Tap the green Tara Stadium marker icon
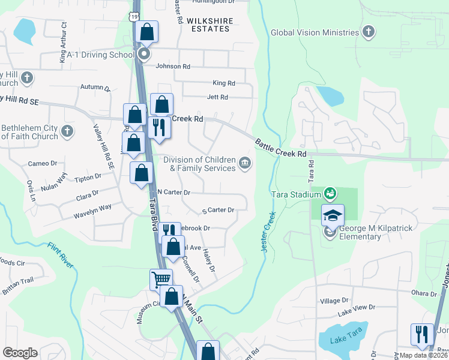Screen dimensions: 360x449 click(329, 193)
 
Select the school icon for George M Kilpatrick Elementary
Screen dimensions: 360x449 click(333, 215)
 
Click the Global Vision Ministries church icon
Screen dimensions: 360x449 click(369, 32)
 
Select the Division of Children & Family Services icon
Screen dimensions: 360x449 click(245, 163)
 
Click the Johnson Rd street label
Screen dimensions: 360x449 click(173, 67)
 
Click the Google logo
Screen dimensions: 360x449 click(20, 353)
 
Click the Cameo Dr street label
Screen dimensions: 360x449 click(42, 163)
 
